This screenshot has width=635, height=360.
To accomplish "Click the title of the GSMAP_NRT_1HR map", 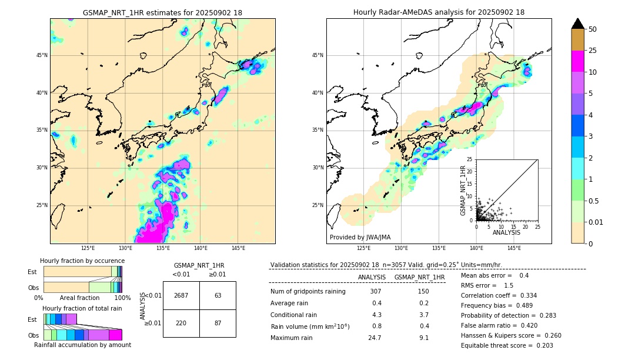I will (162, 12).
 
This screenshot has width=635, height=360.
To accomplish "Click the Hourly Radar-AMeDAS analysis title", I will (439, 12).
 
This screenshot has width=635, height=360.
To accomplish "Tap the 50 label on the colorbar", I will (593, 29).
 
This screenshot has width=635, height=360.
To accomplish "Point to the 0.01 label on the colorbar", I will (596, 222).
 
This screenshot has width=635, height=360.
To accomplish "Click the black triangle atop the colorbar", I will (578, 24).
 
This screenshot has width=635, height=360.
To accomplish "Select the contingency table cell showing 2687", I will (181, 295).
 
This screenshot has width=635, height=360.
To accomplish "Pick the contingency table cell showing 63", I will (218, 295).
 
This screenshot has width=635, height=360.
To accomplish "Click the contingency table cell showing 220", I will (181, 323).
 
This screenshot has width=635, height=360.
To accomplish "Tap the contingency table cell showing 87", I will (218, 323).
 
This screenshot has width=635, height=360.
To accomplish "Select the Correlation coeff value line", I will (499, 295).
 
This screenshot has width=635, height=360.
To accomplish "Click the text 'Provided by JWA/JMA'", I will (360, 237).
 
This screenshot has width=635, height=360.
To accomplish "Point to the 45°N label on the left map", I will (42, 55).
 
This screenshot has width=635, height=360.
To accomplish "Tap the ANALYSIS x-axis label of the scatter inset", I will (506, 232).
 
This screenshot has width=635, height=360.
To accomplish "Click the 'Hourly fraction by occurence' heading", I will (82, 261).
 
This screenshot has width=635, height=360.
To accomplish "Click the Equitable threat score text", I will (507, 345).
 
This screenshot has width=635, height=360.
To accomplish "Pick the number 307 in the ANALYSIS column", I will (375, 292).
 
